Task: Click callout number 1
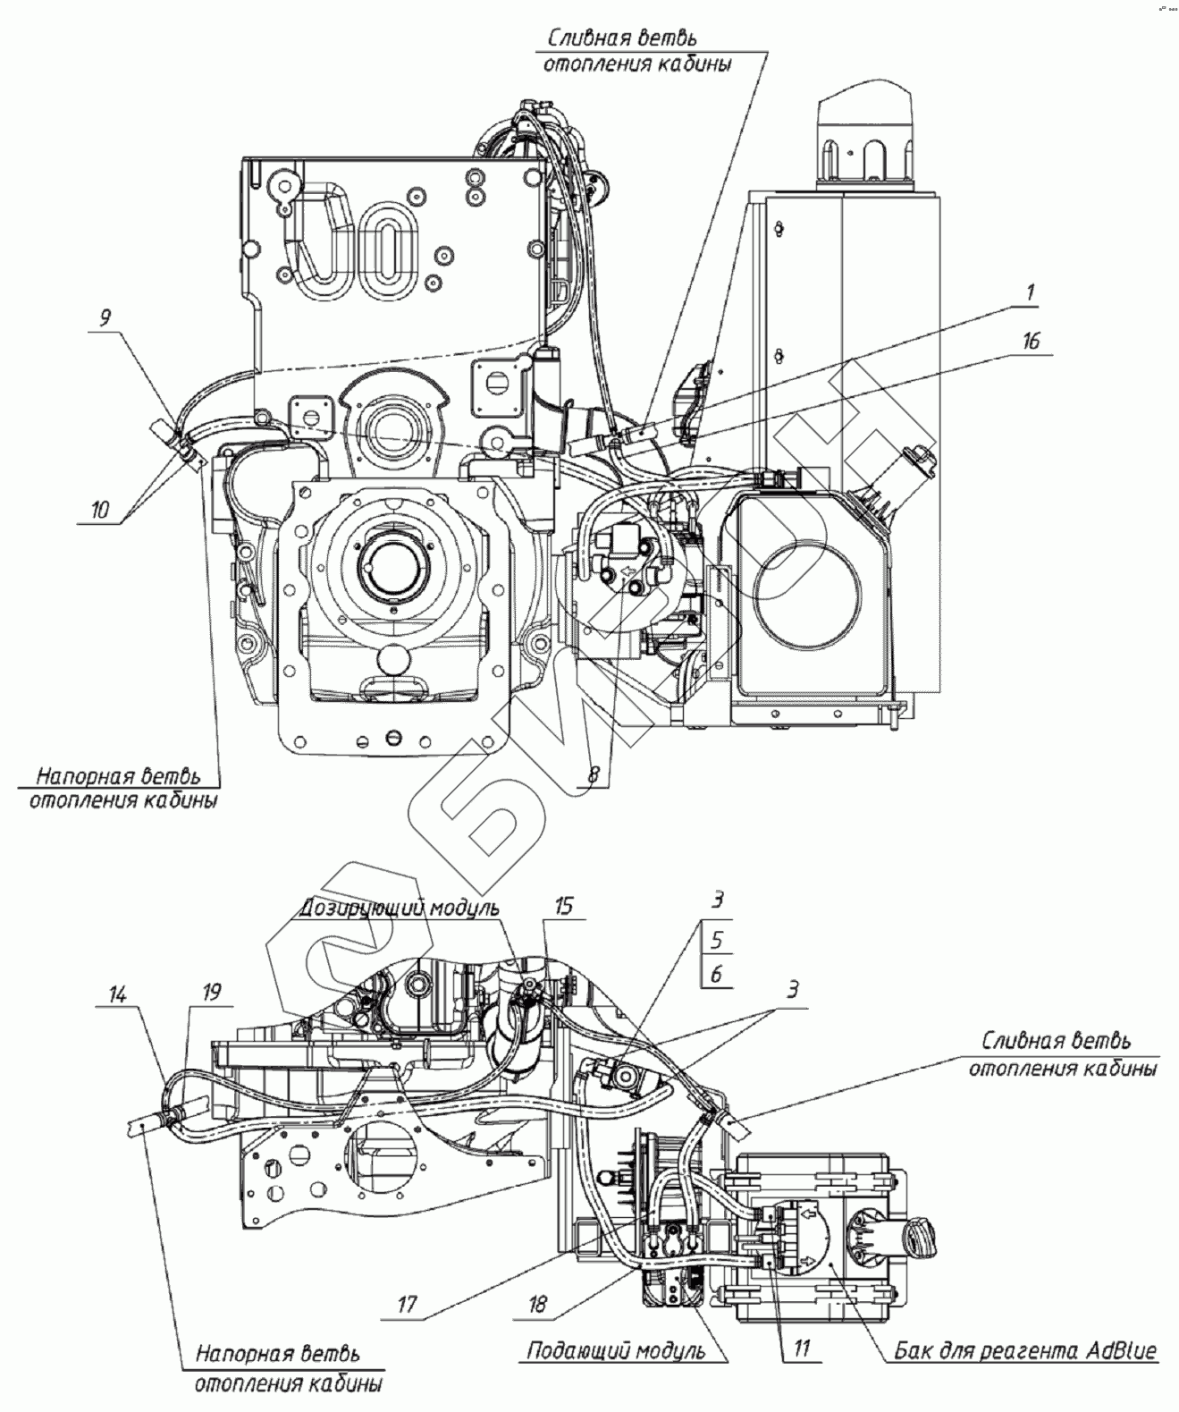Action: pos(1031,292)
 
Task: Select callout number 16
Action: pos(1031,342)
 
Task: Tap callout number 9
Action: pos(105,317)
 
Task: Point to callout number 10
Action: pos(99,509)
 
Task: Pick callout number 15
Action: pos(564,906)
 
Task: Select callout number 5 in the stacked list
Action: pos(717,940)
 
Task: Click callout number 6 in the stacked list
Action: pos(717,973)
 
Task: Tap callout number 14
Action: pos(118,995)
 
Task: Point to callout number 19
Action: pos(212,992)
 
